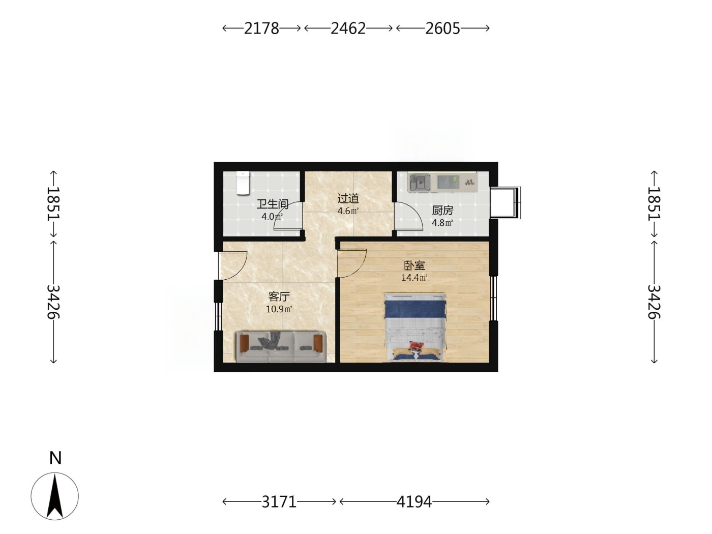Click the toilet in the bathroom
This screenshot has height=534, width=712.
point(243,183)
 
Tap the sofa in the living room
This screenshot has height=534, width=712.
point(281,346)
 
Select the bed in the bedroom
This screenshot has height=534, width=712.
point(415,327)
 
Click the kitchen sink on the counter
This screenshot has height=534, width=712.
point(420,182)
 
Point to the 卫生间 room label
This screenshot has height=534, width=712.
point(273,204)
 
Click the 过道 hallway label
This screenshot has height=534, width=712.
point(348,199)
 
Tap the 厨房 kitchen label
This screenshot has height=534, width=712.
point(442,211)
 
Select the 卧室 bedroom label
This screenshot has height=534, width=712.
point(414,266)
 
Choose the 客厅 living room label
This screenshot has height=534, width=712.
point(279,296)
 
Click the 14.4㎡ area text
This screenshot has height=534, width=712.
point(414,278)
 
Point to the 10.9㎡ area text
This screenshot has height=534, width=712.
point(279,309)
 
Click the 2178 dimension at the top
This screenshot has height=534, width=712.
point(261,28)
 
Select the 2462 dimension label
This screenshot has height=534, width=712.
point(348,28)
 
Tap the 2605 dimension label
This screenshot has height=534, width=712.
point(442,28)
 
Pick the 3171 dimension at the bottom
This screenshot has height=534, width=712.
point(279,502)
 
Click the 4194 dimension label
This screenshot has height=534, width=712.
point(414,502)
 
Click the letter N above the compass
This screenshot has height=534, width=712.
point(55,458)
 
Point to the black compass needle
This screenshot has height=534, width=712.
point(55,496)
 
